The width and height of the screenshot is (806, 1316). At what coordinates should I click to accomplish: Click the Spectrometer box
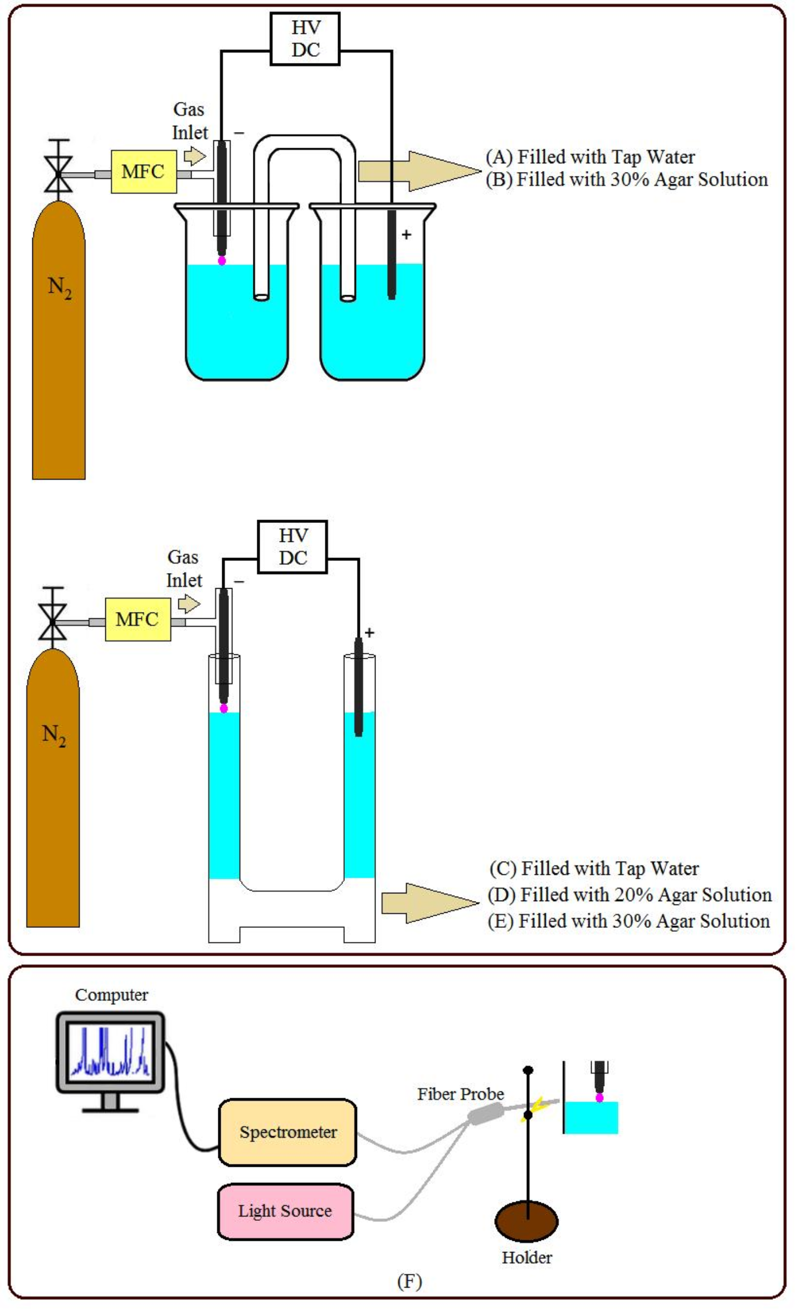[287, 1132]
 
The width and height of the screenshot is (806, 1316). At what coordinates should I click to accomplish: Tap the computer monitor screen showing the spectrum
[110, 1051]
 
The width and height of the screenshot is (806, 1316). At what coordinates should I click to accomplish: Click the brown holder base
[526, 1221]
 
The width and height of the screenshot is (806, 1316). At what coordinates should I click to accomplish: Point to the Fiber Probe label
[461, 1094]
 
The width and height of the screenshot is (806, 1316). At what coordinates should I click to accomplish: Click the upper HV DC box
[305, 39]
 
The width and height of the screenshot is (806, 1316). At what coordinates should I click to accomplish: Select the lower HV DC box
[292, 547]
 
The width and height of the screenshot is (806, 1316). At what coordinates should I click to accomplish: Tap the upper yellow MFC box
[144, 172]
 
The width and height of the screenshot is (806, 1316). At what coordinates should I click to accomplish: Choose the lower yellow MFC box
[138, 619]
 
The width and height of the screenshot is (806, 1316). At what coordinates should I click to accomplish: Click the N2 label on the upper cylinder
[60, 288]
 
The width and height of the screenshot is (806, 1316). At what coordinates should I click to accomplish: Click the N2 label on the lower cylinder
[54, 735]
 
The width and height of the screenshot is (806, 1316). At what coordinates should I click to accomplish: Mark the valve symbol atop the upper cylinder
[58, 173]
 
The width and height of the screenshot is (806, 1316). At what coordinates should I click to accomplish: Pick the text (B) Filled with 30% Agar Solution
[627, 180]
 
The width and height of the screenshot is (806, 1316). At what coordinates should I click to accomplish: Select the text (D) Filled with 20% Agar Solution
[629, 894]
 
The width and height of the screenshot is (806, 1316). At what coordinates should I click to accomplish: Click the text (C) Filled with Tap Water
[594, 868]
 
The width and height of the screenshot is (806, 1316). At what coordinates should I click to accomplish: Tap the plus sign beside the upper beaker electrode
[407, 235]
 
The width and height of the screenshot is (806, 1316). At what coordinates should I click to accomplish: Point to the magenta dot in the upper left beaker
[222, 261]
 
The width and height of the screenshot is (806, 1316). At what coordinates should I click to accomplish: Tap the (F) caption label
[409, 1281]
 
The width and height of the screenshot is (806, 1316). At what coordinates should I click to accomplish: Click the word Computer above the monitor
[111, 995]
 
